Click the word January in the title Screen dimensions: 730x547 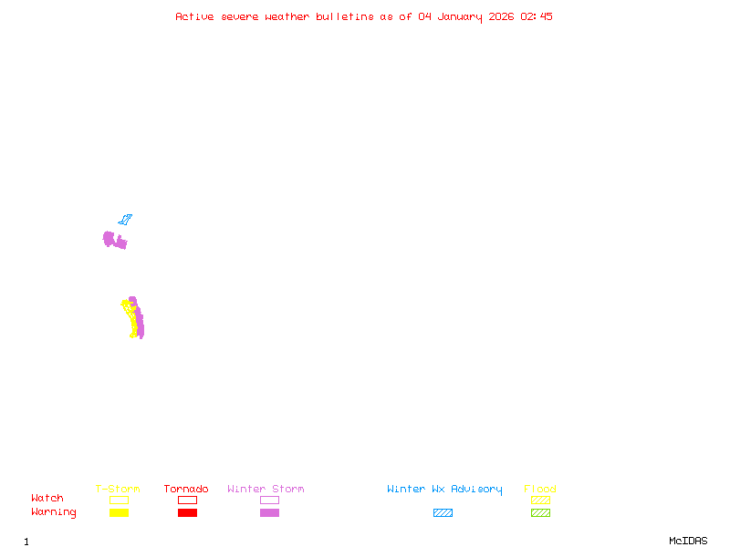coord(460,17)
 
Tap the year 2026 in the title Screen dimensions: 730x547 coord(501,16)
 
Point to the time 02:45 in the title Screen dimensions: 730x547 coord(537,16)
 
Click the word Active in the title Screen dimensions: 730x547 coord(194,16)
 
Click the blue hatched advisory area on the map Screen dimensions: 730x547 coord(125,219)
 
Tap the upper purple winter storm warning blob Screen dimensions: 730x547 coord(112,240)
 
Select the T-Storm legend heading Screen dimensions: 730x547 coord(118,489)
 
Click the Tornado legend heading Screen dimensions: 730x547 coord(186,489)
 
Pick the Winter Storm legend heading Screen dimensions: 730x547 coord(266,489)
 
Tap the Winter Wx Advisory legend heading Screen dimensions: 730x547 coord(444,490)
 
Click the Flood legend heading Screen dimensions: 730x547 coord(540,489)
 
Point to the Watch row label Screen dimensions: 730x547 coord(47,498)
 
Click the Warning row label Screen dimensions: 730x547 coord(54,512)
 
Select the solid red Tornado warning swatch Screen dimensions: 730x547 coord(188,512)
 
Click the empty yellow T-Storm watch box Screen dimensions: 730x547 coord(120,500)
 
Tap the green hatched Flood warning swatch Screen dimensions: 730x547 coord(540,512)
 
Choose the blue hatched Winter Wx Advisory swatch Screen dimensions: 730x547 coord(443,512)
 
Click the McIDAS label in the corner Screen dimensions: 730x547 coord(688,541)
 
